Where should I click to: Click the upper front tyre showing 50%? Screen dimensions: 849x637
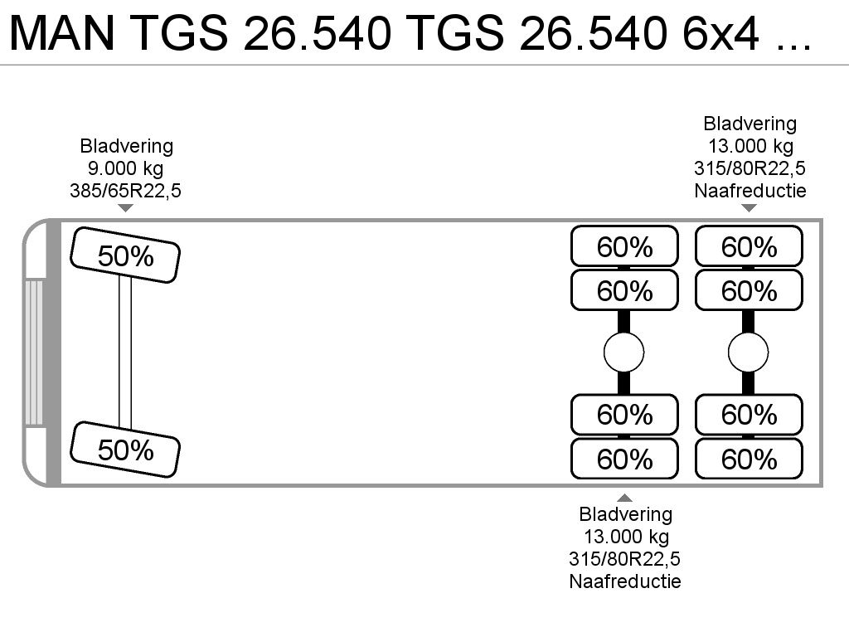tap(125, 255)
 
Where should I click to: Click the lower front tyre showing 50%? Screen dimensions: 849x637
tap(125, 450)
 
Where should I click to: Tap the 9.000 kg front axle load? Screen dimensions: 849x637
tap(126, 168)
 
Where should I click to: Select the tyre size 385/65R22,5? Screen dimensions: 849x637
tap(126, 191)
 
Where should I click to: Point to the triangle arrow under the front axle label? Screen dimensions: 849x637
tap(126, 208)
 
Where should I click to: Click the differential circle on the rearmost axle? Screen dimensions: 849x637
tap(749, 353)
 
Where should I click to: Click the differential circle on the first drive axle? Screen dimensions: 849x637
tap(624, 353)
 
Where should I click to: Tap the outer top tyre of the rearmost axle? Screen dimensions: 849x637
tap(749, 246)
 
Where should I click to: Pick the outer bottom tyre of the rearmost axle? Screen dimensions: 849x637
tap(749, 459)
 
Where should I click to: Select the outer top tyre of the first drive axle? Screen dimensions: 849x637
tap(625, 246)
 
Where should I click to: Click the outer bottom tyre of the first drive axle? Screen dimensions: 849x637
tap(625, 459)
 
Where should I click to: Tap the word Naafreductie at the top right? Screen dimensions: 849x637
tap(750, 191)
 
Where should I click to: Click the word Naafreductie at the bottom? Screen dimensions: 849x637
tap(625, 581)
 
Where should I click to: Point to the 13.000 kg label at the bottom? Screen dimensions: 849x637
tap(626, 537)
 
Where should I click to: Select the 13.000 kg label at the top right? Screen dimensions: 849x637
tap(751, 146)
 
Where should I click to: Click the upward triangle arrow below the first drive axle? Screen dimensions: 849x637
tap(625, 498)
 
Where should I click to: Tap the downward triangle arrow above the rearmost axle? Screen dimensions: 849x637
tap(749, 208)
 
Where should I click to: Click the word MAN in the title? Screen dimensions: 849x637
tap(62, 33)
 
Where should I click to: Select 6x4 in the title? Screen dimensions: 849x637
tap(720, 33)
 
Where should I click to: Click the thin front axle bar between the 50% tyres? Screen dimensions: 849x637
tap(125, 352)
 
